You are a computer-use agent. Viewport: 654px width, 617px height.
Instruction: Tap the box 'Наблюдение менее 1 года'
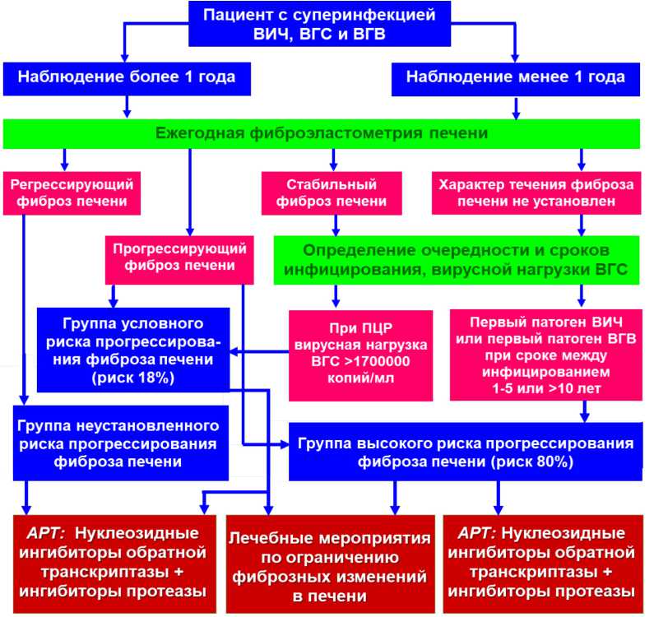(x=516, y=77)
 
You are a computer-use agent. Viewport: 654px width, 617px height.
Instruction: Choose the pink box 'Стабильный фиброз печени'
(x=332, y=192)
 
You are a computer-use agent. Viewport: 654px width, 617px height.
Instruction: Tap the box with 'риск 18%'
(x=132, y=349)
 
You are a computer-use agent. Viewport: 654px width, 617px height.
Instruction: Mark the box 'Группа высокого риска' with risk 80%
(x=464, y=452)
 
